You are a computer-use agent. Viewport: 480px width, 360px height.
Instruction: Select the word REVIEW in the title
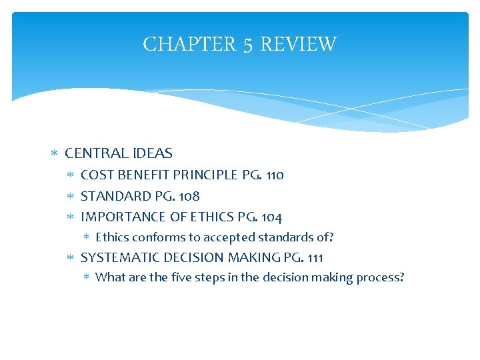(x=298, y=45)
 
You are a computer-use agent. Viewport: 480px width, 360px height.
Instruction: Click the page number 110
(x=275, y=175)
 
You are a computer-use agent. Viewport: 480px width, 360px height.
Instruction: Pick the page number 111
(x=314, y=257)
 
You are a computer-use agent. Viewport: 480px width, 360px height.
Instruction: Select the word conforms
(x=155, y=237)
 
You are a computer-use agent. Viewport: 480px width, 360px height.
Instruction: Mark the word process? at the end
(x=379, y=278)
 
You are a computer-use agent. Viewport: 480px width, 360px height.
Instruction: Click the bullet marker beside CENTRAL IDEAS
(x=55, y=154)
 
